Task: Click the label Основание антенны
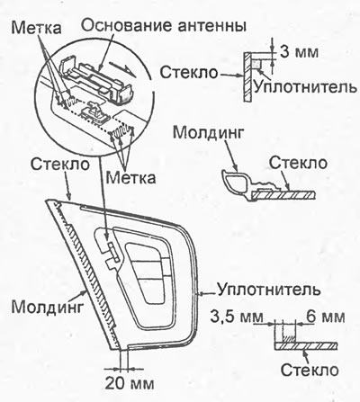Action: pos(164,26)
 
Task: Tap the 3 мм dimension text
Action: pos(299,51)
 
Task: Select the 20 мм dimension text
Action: pos(130,383)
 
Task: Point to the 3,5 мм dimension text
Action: pos(237,317)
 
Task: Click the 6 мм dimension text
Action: pos(325,317)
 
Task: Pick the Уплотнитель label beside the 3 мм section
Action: pos(305,87)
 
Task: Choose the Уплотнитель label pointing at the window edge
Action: pos(269,290)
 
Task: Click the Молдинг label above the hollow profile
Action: pos(207,133)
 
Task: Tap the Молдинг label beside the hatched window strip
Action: pos(47,306)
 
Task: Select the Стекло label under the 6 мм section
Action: pos(310,370)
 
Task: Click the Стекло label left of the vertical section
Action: pos(188,72)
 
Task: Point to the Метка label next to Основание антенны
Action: pos(36,28)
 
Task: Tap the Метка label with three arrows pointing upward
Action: pos(131,177)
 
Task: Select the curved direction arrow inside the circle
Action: pos(122,67)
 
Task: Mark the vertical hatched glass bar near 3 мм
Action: pos(248,76)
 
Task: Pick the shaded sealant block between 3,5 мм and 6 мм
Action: pos(289,338)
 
